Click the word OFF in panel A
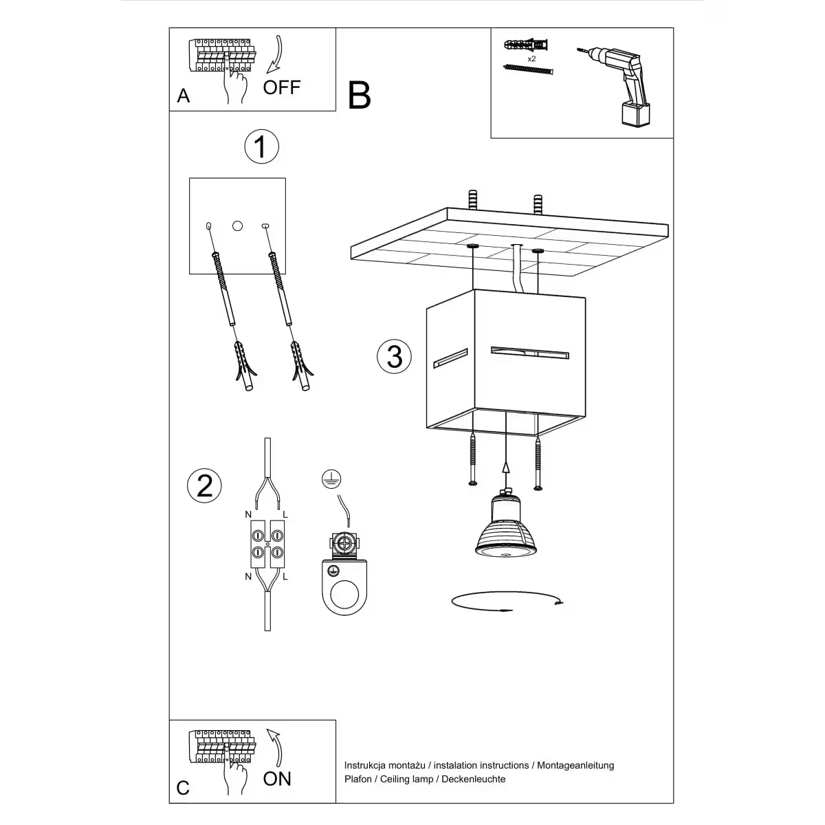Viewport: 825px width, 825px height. coord(282,87)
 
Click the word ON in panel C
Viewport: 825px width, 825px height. coord(277,778)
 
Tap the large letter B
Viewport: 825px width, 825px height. coord(359,96)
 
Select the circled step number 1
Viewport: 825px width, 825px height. coord(261,146)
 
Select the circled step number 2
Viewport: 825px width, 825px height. coord(205,485)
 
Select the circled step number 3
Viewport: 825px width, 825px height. coord(395,356)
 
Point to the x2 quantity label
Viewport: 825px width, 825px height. coord(531,60)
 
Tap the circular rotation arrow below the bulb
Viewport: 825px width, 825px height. coord(507,602)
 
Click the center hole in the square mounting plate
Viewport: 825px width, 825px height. coord(238,225)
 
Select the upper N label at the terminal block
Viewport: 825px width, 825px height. coord(248,514)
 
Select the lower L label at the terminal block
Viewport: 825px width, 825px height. coord(285,577)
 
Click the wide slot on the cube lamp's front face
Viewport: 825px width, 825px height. coord(529,353)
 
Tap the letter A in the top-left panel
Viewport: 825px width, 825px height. coord(183,96)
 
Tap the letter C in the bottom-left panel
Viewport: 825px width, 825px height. coord(183,787)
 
